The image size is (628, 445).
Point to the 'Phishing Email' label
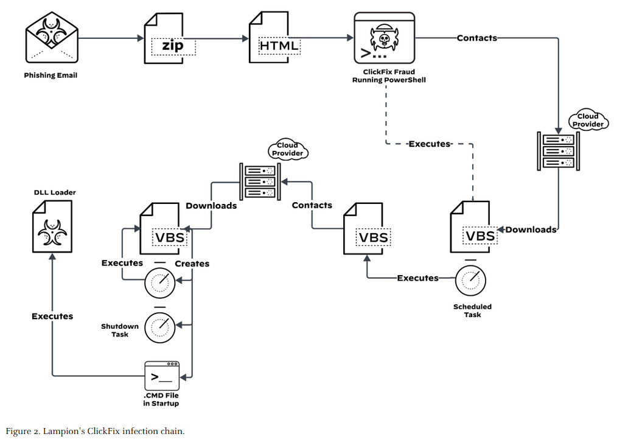point(51,75)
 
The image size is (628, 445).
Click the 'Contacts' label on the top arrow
point(477,38)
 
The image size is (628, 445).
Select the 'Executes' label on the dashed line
point(429,144)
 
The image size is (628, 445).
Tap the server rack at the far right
point(556,150)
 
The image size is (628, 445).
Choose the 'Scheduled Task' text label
point(472,310)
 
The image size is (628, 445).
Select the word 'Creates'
point(192,264)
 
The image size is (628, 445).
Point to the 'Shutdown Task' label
point(120,330)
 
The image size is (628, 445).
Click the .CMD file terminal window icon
point(162,376)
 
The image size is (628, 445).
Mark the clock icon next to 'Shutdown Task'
point(159,326)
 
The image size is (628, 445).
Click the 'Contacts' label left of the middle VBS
point(312,205)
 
